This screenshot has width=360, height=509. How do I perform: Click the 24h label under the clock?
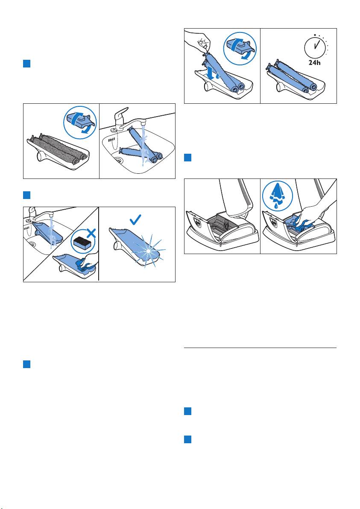point(314,63)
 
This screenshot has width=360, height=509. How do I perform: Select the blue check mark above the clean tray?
point(135,220)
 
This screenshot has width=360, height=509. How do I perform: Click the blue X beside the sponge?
point(91,233)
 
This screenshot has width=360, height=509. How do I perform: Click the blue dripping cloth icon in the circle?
point(277,196)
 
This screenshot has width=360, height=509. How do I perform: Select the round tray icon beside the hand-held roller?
point(240,49)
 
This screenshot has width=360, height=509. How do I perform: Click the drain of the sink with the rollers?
point(119,160)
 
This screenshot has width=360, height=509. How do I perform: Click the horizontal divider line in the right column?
point(260,348)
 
